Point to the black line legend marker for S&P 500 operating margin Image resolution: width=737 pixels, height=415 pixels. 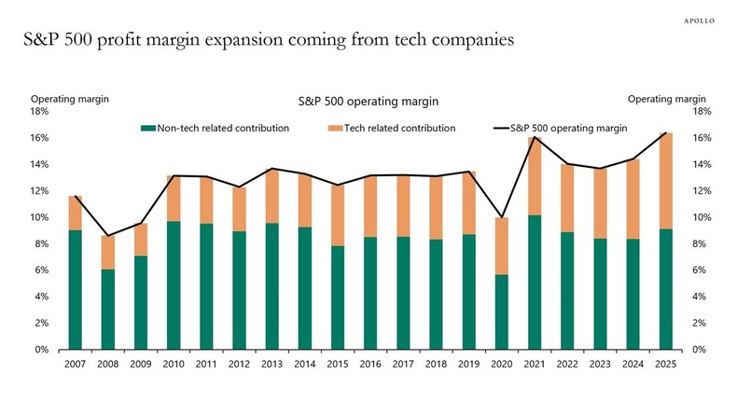[499, 127]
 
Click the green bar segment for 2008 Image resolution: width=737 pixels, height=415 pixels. [108, 310]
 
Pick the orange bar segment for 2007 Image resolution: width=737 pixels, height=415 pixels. [76, 213]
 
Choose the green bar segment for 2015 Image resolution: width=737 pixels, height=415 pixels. [338, 297]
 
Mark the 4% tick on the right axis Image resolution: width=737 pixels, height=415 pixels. [702, 297]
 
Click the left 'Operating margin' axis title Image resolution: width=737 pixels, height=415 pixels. [63, 98]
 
